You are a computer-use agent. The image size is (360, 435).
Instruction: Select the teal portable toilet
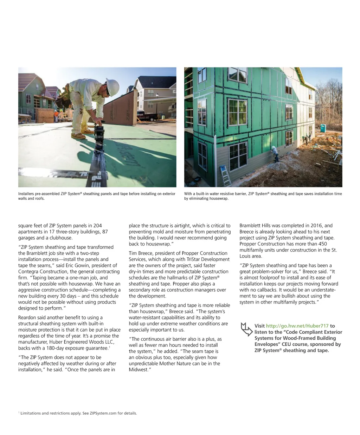tap(323, 128)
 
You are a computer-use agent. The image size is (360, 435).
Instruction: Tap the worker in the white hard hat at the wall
tap(275, 153)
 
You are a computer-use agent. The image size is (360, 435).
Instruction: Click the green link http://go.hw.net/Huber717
tap(297, 326)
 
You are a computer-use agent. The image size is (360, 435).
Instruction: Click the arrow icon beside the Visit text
tap(246, 329)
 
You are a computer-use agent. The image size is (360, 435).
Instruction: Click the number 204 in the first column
tap(97, 226)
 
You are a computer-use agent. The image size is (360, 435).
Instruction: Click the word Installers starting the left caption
tap(27, 194)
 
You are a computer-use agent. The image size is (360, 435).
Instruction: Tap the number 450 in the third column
tap(322, 244)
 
